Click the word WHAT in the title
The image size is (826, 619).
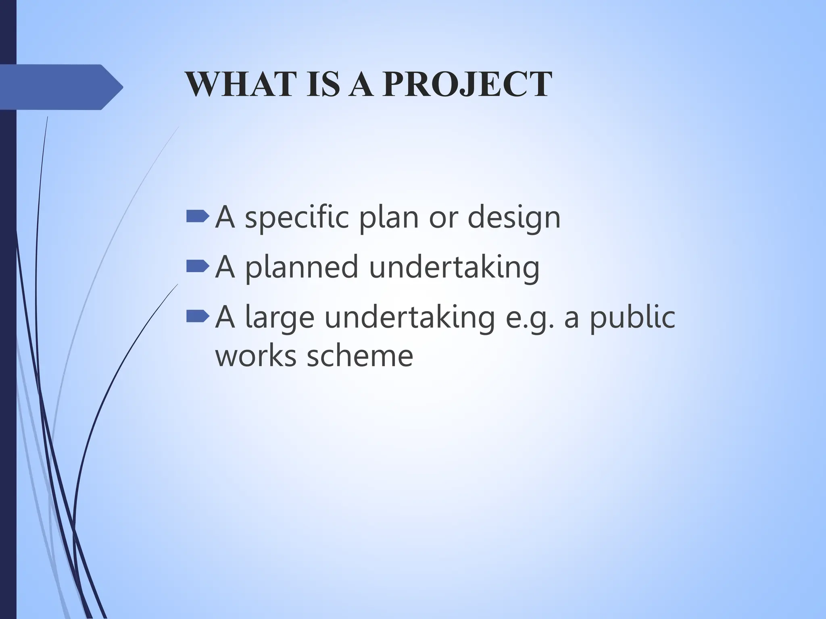click(x=239, y=84)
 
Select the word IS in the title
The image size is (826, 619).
click(x=323, y=84)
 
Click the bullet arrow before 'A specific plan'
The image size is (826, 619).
click(x=198, y=217)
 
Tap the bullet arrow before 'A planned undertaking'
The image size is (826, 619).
click(x=198, y=266)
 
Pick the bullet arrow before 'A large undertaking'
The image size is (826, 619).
click(x=198, y=316)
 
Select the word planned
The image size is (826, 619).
click(x=302, y=267)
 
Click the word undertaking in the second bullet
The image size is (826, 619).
click(x=454, y=267)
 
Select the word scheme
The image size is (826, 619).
click(x=360, y=355)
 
